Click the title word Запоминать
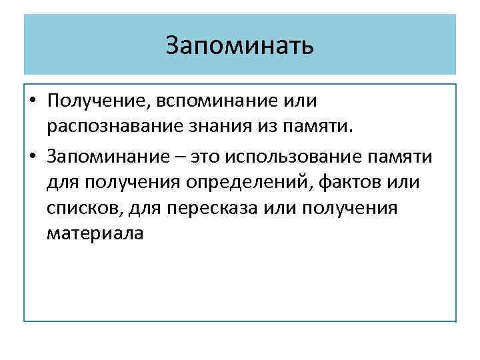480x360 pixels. click(x=239, y=46)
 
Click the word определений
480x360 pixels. click(x=257, y=182)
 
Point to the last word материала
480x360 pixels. click(x=95, y=235)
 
